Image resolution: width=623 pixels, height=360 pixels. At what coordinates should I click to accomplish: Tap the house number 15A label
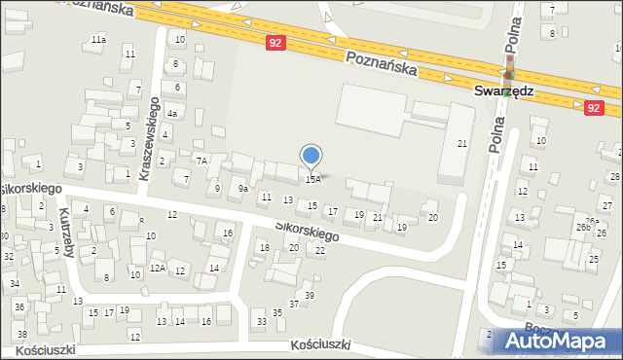312,179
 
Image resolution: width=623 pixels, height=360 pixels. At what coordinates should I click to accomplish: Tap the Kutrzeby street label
65,231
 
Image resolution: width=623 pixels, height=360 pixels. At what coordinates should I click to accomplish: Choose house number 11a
98,39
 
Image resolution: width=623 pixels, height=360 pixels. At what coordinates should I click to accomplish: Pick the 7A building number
202,160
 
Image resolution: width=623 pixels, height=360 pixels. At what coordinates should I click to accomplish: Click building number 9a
244,188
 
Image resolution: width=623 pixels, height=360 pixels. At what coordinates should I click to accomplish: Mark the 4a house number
172,114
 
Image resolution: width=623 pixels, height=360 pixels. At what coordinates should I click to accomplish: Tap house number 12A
157,268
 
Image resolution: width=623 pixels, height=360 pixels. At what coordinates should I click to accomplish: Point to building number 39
310,295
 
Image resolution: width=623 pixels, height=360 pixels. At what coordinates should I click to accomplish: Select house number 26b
582,227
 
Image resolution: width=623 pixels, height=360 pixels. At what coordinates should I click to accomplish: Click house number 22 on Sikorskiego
320,250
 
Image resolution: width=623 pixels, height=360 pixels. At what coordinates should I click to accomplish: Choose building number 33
260,321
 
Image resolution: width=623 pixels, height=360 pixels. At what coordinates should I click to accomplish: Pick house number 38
21,334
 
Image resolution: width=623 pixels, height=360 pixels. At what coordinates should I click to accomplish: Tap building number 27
606,205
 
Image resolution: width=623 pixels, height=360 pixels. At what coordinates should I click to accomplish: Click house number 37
293,304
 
